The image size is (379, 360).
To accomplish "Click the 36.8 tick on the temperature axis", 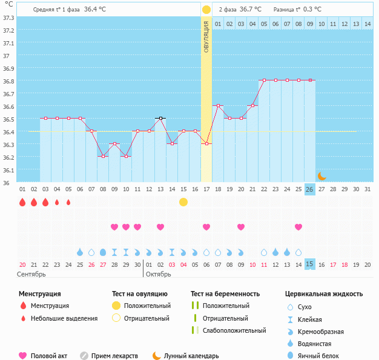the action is pyautogui.click(x=8, y=81).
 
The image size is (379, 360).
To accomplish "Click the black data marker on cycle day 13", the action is pyautogui.click(x=160, y=119).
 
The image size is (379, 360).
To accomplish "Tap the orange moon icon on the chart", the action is pyautogui.click(x=321, y=176).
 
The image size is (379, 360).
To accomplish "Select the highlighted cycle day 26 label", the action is pyautogui.click(x=309, y=189).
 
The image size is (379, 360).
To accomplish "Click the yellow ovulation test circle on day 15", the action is pyautogui.click(x=183, y=202).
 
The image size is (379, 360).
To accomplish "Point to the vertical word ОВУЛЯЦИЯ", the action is pyautogui.click(x=206, y=37).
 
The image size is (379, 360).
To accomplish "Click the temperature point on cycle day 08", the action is pyautogui.click(x=103, y=156).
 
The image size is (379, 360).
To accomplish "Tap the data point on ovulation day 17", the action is pyautogui.click(x=206, y=144).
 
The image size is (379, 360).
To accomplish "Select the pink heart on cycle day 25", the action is pyautogui.click(x=298, y=227).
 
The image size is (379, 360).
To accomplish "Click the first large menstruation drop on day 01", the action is pyautogui.click(x=22, y=202).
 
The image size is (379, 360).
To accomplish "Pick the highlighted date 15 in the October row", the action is pyautogui.click(x=309, y=264).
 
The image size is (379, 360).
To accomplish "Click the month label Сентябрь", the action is pyautogui.click(x=31, y=274).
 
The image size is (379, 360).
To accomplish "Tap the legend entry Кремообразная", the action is pyautogui.click(x=321, y=332).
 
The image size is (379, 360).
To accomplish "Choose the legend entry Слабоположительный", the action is pyautogui.click(x=234, y=330).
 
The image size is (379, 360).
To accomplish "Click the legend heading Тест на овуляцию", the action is pyautogui.click(x=140, y=294).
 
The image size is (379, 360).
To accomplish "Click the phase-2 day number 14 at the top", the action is pyautogui.click(x=367, y=24).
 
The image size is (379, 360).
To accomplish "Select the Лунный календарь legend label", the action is pyautogui.click(x=191, y=356).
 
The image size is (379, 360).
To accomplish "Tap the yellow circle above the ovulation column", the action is pyautogui.click(x=206, y=10).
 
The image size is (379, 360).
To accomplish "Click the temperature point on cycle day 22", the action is pyautogui.click(x=264, y=80).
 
